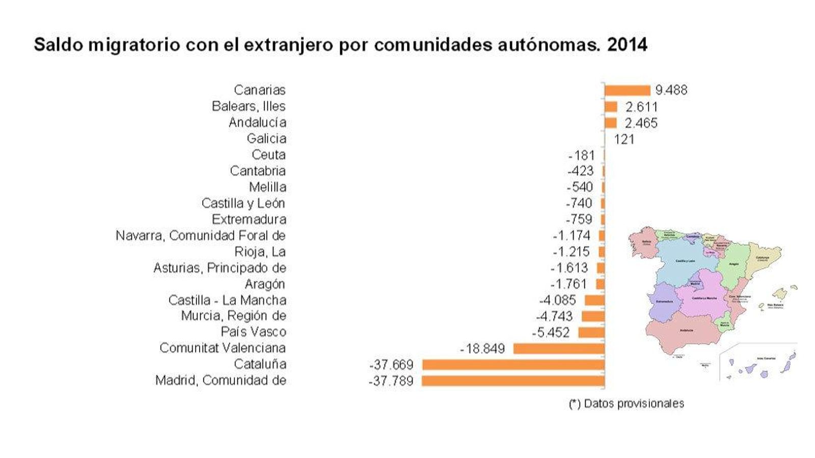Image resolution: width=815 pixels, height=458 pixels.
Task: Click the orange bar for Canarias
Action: [x=628, y=90]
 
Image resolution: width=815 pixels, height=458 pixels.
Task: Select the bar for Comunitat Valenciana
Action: [x=559, y=349]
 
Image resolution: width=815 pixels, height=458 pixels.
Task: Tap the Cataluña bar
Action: [x=513, y=364]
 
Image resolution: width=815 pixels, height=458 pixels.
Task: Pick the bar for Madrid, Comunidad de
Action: [x=513, y=381]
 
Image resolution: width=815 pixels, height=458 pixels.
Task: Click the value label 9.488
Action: [x=671, y=90]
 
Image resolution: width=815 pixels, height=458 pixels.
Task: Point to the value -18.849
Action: [x=482, y=349]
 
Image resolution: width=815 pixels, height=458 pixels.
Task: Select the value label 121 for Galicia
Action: [x=624, y=139]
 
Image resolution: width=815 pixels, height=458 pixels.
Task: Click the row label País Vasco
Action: [x=253, y=332]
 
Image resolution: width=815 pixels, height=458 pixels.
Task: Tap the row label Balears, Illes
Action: [x=249, y=106]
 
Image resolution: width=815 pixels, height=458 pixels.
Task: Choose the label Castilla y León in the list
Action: [x=243, y=204]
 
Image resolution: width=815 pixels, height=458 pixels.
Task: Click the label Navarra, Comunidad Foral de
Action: [x=200, y=236]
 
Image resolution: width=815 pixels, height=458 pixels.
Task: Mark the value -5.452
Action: [x=551, y=332]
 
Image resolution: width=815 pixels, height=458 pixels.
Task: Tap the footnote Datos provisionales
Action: [x=633, y=404]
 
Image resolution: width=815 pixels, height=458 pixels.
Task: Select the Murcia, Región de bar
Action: [x=593, y=317]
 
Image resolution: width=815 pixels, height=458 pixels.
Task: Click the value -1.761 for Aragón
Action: [x=568, y=284]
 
